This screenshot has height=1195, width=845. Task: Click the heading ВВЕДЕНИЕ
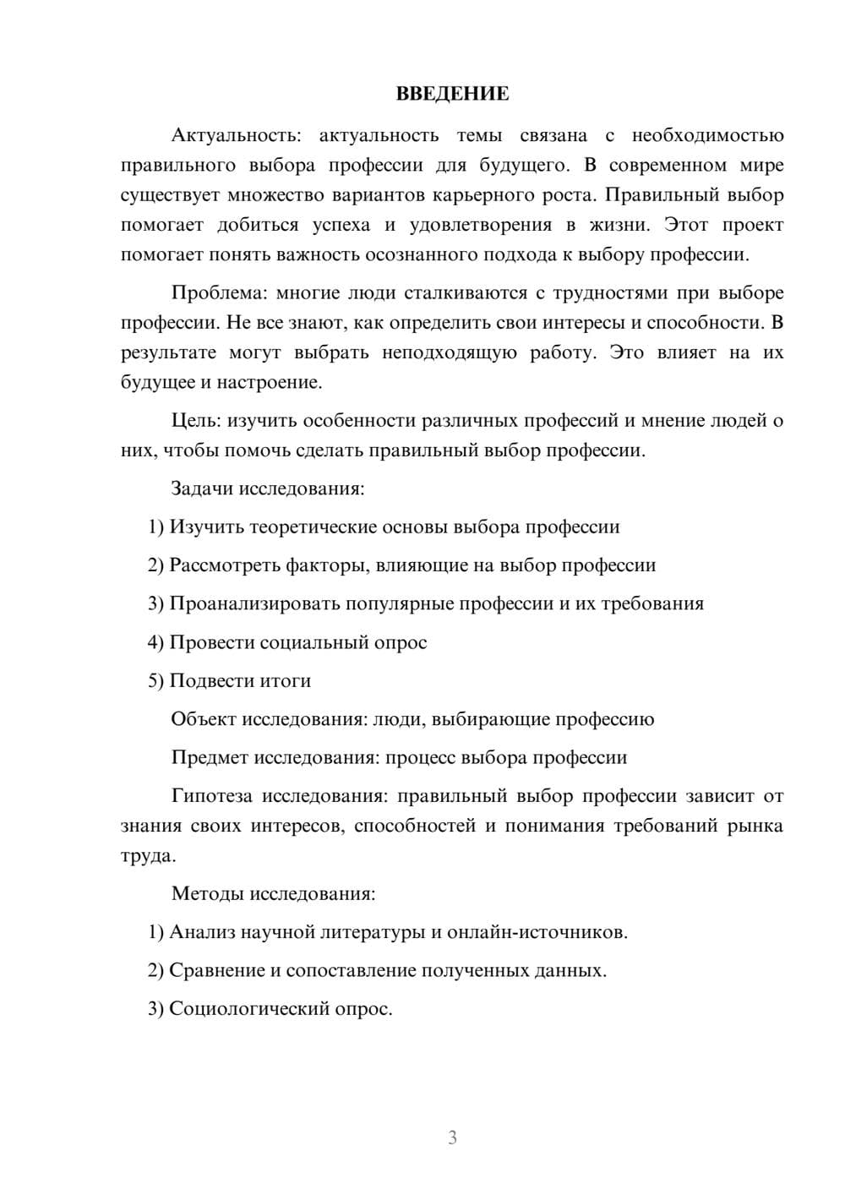pos(452,94)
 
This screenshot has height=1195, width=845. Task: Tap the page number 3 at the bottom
pos(452,1138)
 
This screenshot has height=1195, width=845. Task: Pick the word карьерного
pos(486,195)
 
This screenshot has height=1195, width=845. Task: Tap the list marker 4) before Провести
pos(155,642)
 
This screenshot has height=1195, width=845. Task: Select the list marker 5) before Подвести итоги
pos(155,681)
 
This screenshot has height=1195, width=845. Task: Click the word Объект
pos(204,719)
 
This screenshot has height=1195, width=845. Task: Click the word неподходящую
pos(450,352)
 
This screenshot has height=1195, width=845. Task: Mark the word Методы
pos(204,893)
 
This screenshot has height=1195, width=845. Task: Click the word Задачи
pos(202,488)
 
